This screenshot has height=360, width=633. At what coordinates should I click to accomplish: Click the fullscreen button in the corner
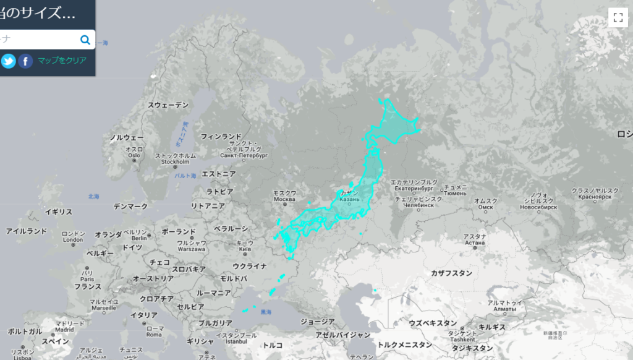point(618,17)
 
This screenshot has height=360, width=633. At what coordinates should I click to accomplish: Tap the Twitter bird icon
point(9,61)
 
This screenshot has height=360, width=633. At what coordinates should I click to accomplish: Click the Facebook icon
point(25,61)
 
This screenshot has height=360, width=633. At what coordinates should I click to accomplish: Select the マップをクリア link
point(62,61)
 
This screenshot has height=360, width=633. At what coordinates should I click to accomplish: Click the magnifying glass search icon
point(85,40)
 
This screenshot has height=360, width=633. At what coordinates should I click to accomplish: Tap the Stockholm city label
point(174,162)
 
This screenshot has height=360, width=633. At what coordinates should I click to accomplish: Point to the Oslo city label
point(134,155)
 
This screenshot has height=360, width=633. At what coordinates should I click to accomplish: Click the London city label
point(73,239)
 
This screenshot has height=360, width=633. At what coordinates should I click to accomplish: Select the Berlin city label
point(138,238)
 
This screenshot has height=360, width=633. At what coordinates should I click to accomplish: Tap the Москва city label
point(284,199)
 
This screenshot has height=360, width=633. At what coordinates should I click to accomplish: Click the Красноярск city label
point(595,197)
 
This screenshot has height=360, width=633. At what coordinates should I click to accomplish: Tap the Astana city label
point(475,242)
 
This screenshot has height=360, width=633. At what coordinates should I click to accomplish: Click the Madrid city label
point(64,329)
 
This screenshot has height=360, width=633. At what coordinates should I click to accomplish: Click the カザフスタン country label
point(451,273)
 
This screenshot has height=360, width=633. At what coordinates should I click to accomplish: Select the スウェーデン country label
point(168,105)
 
